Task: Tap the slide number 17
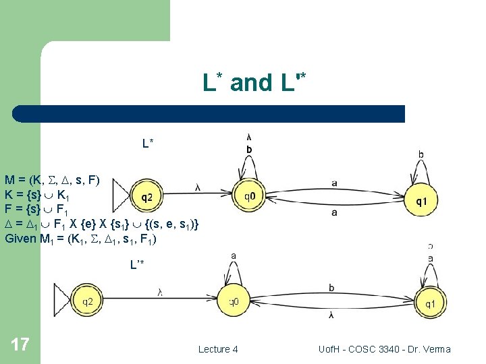(x=20, y=345)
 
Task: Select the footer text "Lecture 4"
(x=217, y=349)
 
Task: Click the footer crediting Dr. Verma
(x=384, y=349)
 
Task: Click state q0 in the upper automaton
(x=249, y=198)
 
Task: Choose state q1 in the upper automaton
(x=421, y=200)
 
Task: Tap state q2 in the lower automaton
(x=88, y=302)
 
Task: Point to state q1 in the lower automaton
(x=429, y=304)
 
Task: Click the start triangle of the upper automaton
(x=122, y=195)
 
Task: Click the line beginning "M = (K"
(x=52, y=180)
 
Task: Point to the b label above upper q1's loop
(x=421, y=154)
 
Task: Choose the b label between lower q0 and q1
(x=331, y=288)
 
